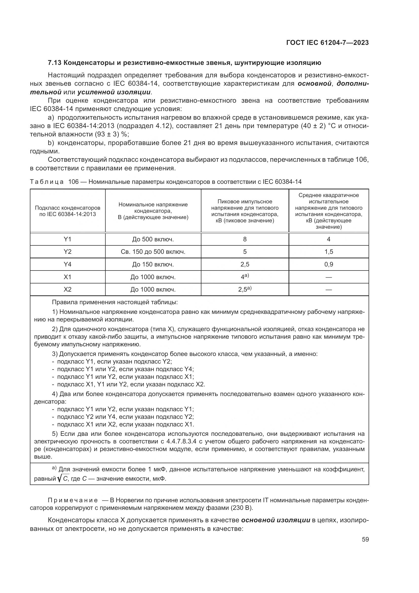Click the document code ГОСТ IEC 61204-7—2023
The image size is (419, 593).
coord(327,43)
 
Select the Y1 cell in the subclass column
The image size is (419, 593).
coord(67,239)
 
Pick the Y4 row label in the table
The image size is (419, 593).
coord(67,264)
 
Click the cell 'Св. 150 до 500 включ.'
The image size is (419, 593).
coord(153,251)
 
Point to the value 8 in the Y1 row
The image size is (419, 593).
coord(245,239)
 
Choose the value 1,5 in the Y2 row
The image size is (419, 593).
coord(329,251)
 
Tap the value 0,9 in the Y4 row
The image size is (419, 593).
coord(329,264)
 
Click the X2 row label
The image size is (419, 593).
coord(67,290)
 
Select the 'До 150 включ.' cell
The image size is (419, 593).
coord(153,264)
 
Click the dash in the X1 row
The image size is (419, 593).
coord(329,277)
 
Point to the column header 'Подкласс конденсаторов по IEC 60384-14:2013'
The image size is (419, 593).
coord(67,211)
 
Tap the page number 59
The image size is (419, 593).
coord(365,539)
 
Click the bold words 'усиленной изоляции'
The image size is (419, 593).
coord(114,92)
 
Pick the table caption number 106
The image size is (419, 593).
coord(73,182)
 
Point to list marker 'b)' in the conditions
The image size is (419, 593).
coord(51,143)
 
